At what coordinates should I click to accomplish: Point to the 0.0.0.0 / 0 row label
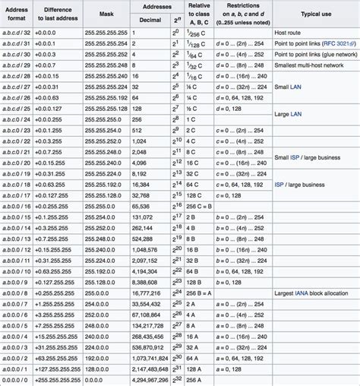tap(17, 380)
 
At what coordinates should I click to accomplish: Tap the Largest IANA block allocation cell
tap(313, 293)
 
